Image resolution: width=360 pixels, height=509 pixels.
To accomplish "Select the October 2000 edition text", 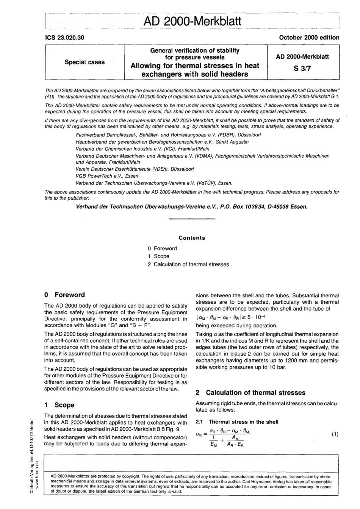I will (309, 37).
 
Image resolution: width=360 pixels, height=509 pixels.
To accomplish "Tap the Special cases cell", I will (85, 62).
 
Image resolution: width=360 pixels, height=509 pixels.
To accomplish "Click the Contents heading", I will (192, 238).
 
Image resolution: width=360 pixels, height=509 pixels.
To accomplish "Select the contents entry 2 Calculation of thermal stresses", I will (188, 264).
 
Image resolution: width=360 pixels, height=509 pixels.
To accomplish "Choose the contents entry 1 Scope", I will (159, 256).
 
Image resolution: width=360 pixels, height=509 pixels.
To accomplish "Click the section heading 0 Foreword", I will (64, 295).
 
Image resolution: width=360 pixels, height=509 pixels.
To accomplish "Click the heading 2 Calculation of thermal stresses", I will (250, 393).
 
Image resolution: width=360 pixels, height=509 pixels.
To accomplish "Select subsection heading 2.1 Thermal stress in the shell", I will (237, 422).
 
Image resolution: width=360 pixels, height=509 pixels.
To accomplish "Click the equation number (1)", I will (335, 434).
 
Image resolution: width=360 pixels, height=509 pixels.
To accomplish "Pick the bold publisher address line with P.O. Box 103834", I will (192, 206).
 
